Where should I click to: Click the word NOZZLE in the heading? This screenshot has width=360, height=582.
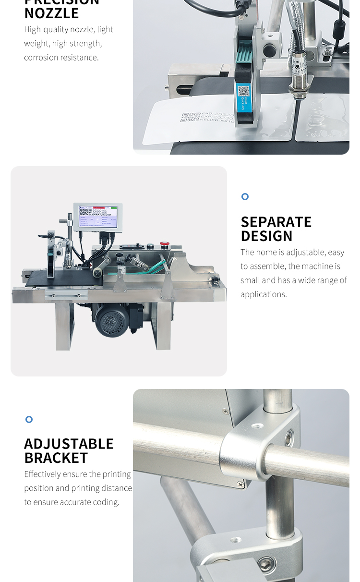(x=51, y=13)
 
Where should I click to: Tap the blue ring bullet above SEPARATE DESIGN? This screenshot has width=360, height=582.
(x=245, y=196)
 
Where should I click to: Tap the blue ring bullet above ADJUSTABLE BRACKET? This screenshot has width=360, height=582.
(x=29, y=419)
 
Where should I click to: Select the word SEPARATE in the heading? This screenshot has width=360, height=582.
(x=276, y=222)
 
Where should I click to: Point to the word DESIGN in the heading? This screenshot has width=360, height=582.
(x=266, y=236)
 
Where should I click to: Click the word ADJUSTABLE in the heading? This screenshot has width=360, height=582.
(x=69, y=444)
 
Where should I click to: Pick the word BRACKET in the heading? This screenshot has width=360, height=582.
(x=56, y=458)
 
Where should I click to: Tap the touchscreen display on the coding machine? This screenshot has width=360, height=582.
(x=98, y=216)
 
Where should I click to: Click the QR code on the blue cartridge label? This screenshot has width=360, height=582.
(x=243, y=91)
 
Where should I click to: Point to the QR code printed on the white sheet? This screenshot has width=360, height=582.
(x=191, y=118)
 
